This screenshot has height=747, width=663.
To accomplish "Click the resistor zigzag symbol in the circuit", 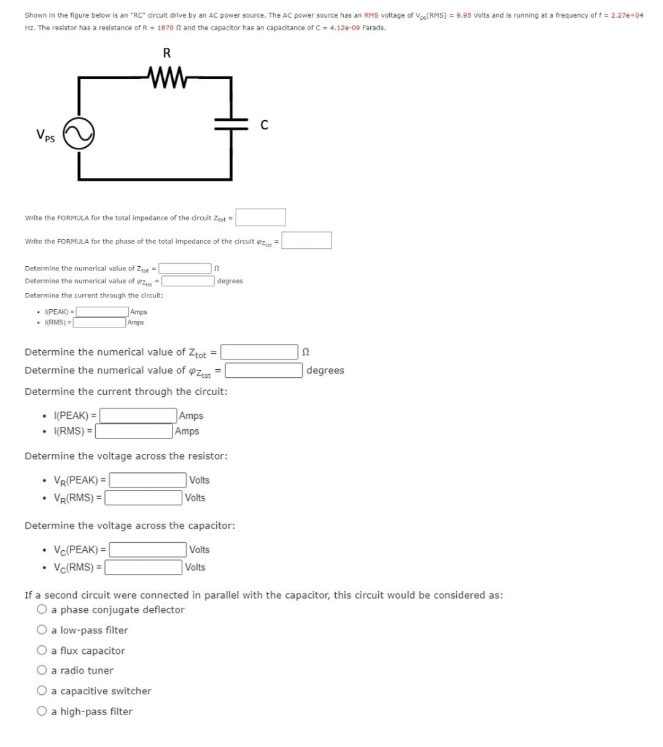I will click(x=167, y=77).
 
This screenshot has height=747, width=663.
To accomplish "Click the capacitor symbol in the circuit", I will click(x=231, y=124).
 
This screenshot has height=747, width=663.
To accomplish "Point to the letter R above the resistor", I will click(x=166, y=53).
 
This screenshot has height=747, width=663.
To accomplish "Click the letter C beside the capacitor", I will click(x=264, y=125).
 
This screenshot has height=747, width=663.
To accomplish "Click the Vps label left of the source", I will click(x=45, y=136).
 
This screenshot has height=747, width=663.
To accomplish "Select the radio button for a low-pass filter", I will click(x=42, y=630).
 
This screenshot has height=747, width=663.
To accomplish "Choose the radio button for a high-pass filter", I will click(x=42, y=711).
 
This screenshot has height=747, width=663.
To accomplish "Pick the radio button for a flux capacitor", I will click(x=42, y=651).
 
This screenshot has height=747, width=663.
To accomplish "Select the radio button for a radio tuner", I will click(x=42, y=670).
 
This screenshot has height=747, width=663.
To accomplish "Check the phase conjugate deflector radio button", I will click(x=42, y=610).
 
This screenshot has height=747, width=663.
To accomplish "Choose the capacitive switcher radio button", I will click(x=42, y=691).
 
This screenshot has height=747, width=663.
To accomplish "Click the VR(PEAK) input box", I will click(x=148, y=480).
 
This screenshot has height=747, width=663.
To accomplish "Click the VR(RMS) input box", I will click(x=144, y=497).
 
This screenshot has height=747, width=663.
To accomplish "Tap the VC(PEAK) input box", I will click(x=148, y=550).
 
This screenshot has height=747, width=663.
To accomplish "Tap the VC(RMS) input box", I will click(x=144, y=567).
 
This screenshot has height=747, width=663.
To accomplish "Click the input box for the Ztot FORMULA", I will click(x=260, y=217).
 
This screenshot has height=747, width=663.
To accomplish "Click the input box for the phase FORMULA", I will click(x=307, y=240).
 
